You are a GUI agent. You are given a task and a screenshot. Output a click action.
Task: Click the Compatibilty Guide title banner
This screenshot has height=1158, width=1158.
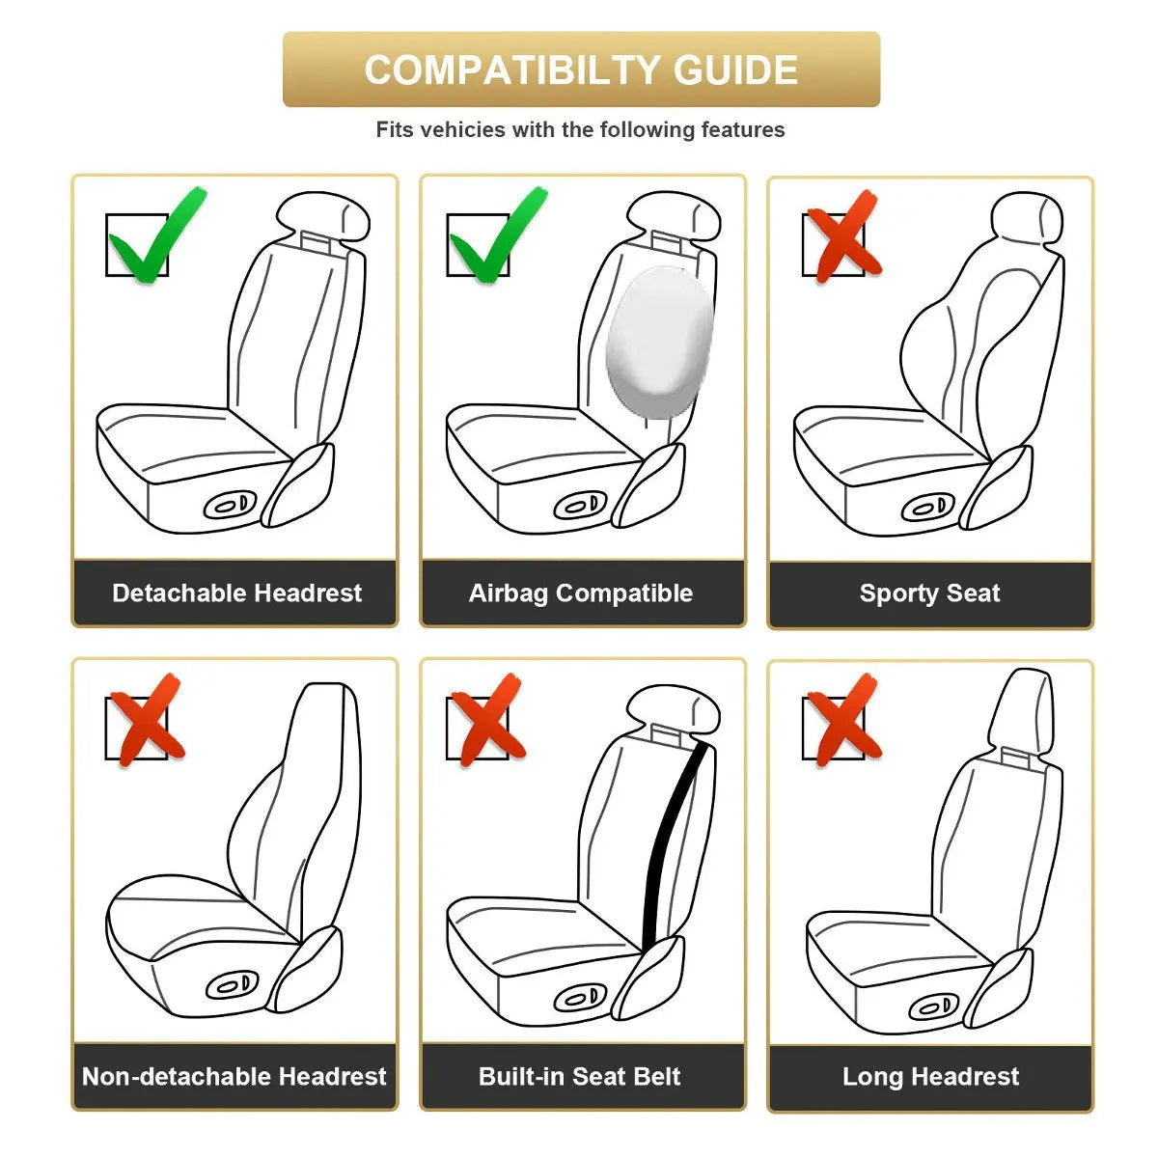point(581,69)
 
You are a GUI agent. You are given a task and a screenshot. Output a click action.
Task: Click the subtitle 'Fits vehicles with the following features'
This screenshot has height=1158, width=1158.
point(580,129)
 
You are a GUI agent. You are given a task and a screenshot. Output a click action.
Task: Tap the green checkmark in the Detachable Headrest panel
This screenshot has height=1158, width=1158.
point(154,237)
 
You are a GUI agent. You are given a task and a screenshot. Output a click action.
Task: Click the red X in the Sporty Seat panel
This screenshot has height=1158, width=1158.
point(841,237)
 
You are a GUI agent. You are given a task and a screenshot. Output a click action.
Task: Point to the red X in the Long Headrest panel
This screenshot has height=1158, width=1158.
point(841,720)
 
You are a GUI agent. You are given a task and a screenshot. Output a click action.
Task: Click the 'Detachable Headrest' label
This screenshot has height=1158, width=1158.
point(236,593)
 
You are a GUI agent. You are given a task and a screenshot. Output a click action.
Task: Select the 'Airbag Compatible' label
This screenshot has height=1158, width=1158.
point(581,593)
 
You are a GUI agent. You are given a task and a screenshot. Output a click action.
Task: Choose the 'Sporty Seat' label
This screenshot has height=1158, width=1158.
point(929,593)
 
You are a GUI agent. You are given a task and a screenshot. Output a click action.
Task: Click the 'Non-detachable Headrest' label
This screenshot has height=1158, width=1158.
point(234,1076)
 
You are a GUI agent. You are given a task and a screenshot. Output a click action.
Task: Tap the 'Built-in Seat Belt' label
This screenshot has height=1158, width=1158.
point(580,1076)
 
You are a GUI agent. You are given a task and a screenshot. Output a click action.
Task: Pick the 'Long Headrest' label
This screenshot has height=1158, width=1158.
point(930,1076)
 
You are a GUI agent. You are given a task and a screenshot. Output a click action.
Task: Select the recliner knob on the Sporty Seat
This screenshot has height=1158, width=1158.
point(929,507)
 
